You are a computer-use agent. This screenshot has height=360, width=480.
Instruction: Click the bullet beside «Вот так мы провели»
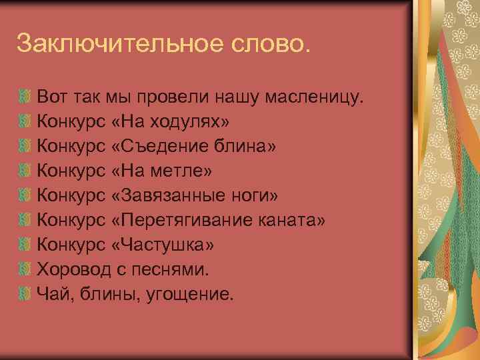(x=25, y=98)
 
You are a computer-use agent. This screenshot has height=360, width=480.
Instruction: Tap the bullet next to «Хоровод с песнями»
(x=25, y=270)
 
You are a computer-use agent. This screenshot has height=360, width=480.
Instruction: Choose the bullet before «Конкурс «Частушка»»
(x=25, y=245)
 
